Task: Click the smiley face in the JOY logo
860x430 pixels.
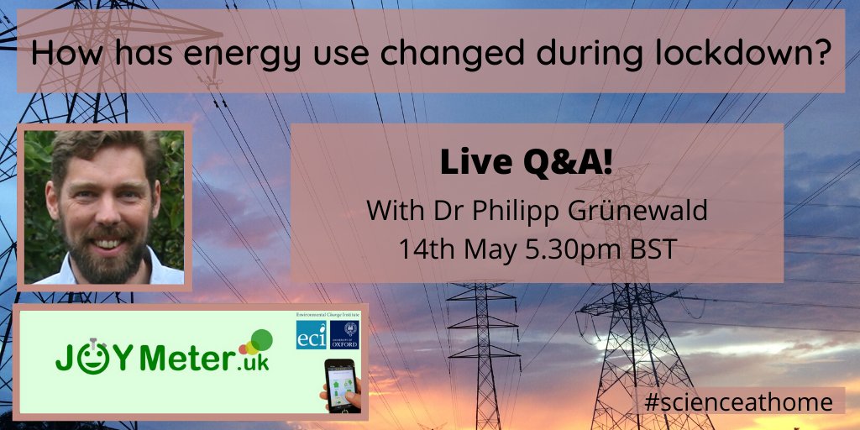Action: [90, 357]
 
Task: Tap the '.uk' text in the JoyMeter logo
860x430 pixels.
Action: [250, 362]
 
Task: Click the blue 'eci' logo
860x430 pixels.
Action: [310, 335]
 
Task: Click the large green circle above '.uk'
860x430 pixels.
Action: [260, 339]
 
